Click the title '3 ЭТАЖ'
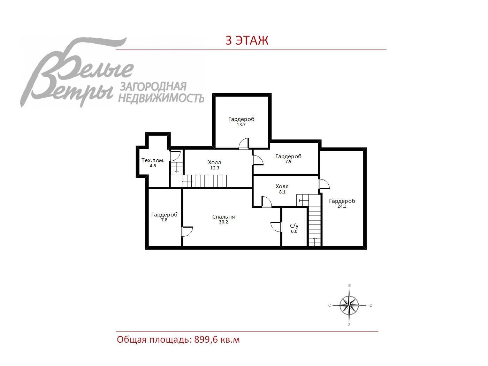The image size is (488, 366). tap(247, 40)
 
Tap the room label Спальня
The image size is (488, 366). tap(223, 217)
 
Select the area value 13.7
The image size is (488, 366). tap(241, 125)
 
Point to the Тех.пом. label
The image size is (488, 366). tap(153, 160)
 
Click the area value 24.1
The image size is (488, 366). tap(342, 206)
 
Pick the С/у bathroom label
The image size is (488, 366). tap(294, 226)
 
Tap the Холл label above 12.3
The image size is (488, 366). tap(214, 162)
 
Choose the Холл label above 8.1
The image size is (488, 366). tap(282, 186)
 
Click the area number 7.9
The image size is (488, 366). tap(288, 162)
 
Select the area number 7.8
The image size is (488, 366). tap(164, 220)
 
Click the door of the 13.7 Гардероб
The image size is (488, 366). tap(244, 144)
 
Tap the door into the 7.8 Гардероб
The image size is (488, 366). tap(187, 231)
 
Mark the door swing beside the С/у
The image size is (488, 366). tap(276, 227)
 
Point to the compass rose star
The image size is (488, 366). tap(349, 305)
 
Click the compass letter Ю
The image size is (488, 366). tap(371, 305)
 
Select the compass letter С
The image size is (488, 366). tap(330, 305)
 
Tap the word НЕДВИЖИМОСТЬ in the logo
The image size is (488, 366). tap(161, 98)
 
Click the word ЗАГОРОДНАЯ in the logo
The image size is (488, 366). tap(153, 87)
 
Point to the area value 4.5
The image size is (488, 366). tap(153, 166)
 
